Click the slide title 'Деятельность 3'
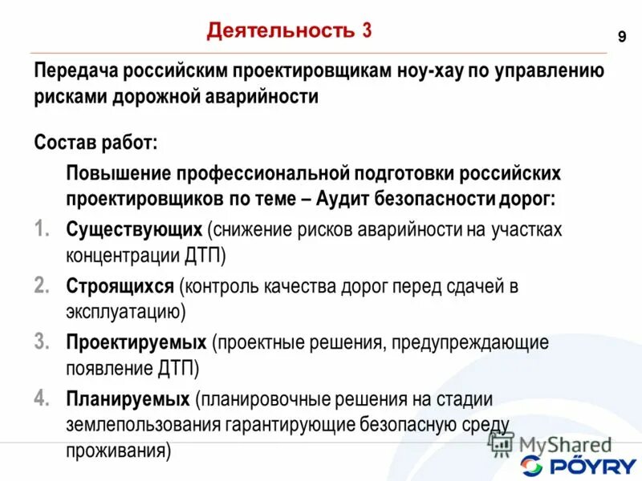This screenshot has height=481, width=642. [289, 31]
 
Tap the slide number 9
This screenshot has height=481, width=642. [622, 37]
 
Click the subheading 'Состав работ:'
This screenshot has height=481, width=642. [95, 143]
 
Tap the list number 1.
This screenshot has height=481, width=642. [42, 228]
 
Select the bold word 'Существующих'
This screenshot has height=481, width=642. [134, 229]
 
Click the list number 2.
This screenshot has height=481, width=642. [43, 285]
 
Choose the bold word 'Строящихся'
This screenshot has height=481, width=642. [120, 285]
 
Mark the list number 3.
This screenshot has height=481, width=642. [43, 341]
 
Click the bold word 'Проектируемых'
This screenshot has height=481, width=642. [136, 342]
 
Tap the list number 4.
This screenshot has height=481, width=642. [43, 397]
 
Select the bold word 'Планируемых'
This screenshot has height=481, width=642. [128, 398]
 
